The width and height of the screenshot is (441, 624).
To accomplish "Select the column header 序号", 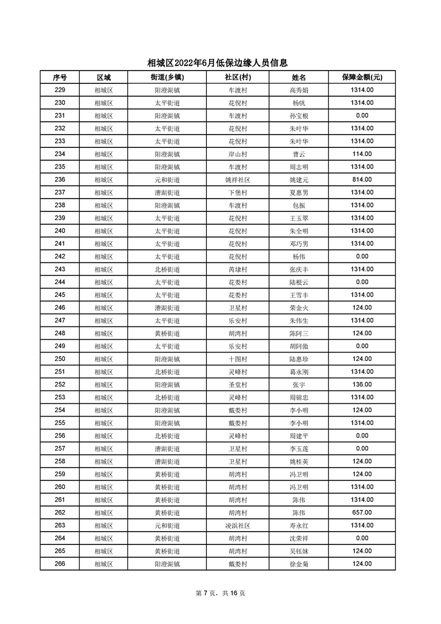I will point(60,77).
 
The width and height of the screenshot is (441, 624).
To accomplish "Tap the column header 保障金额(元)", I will point(361,77).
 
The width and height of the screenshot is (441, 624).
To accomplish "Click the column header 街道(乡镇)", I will point(167,77).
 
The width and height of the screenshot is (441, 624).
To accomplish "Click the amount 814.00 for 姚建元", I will point(361,180).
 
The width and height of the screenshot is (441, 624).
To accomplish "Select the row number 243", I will point(60,269).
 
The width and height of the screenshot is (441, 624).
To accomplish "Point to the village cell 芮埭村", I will point(237,269).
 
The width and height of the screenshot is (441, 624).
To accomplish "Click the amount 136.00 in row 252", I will point(361,384).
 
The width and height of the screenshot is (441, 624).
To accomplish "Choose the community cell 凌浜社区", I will point(237,525).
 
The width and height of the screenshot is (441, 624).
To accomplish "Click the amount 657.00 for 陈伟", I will point(361,512).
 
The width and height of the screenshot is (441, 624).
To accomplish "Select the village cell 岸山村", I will point(237,154).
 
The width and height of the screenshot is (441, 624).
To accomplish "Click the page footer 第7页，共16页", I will point(221,593).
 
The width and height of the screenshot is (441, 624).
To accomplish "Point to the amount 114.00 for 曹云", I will point(361,154).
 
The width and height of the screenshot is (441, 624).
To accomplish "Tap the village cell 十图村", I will point(237,359).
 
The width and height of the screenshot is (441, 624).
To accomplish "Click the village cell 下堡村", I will point(237,192).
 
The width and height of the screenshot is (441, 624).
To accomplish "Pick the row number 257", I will point(60,448).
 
